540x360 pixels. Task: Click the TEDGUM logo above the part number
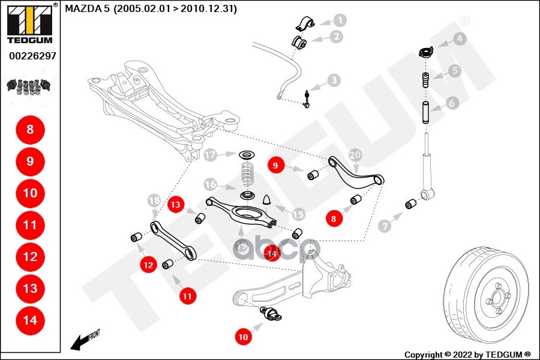[29, 23]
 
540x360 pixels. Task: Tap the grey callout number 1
[340, 20]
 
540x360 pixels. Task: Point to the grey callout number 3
[333, 80]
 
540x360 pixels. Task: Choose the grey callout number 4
[460, 40]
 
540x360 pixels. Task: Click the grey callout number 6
[452, 103]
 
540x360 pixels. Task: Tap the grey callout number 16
[210, 184]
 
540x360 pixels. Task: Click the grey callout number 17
[209, 155]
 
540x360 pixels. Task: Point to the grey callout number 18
[154, 200]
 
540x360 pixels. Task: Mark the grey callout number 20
[355, 155]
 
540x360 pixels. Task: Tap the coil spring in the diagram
[246, 174]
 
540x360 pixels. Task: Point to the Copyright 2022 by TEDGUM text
[467, 355]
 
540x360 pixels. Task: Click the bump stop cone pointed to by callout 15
[267, 199]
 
